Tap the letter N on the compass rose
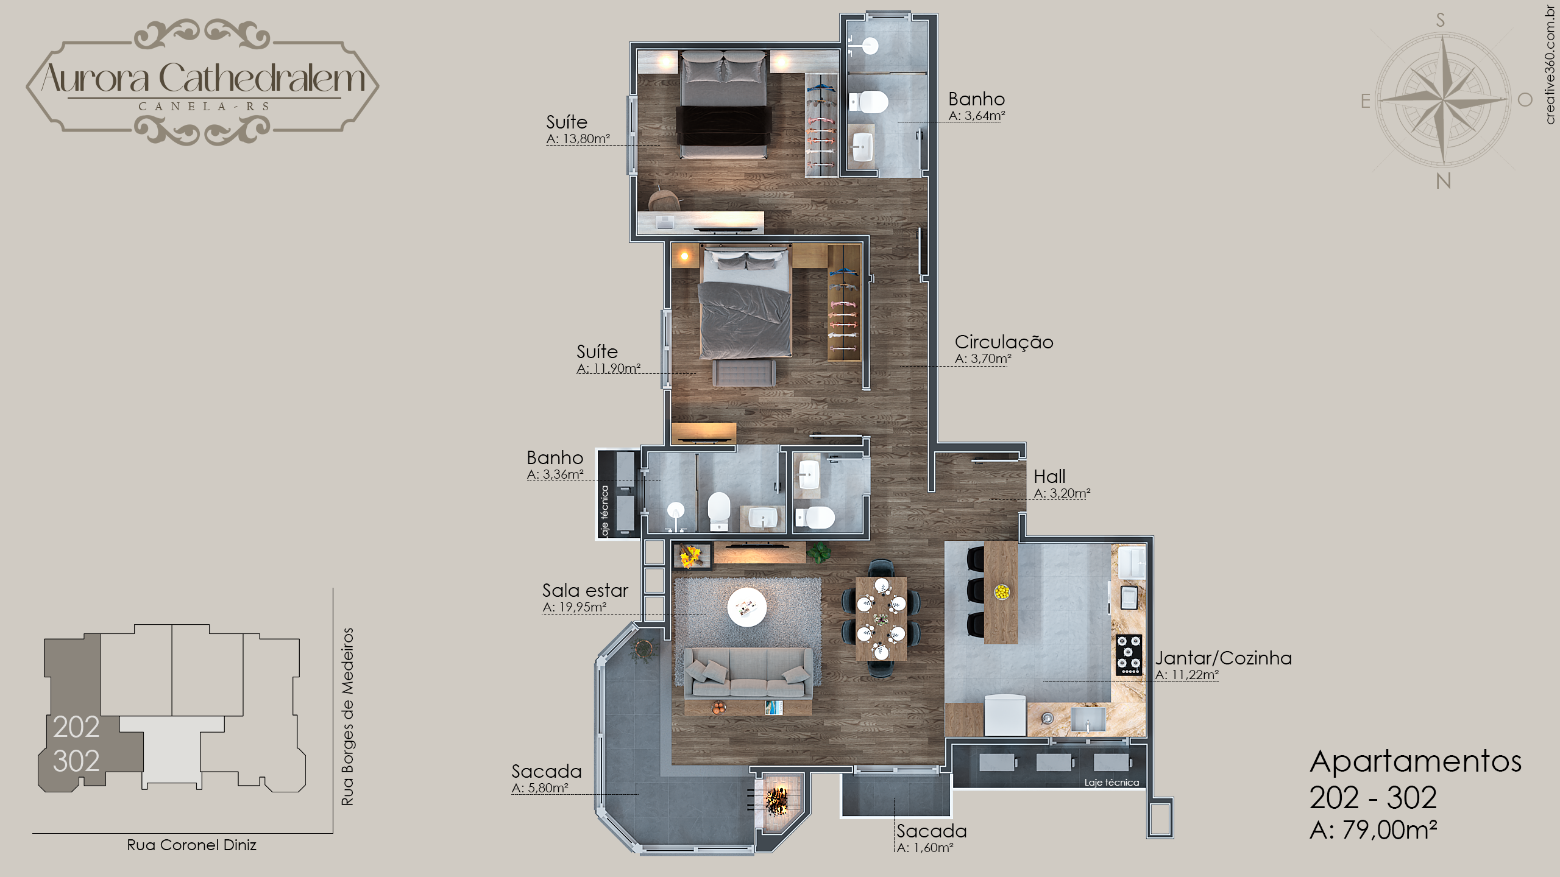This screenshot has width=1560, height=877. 1444,181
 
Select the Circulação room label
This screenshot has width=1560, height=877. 1004,342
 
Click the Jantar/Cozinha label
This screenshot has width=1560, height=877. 1223,658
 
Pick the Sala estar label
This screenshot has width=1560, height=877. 585,590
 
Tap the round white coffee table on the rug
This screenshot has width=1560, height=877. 746,607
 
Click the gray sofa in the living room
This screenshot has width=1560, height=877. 748,674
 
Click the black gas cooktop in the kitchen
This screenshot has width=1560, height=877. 1129,655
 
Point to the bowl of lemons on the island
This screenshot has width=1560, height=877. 1001,591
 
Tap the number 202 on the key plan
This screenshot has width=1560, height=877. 76,727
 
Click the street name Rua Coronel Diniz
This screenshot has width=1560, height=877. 191,845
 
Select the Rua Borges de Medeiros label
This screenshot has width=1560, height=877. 347,717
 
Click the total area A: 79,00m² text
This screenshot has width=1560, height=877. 1374,829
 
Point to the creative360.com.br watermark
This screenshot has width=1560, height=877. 1551,65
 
